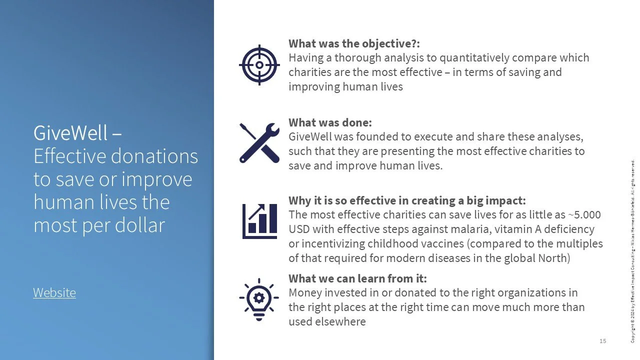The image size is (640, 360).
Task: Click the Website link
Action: pos(54,292)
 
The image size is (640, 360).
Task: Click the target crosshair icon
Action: pos(259,65)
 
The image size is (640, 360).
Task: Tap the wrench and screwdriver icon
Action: pos(259,143)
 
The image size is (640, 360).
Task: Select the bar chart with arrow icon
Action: pos(259,220)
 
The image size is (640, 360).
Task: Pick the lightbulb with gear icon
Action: pos(259,299)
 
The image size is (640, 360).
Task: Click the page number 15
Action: pos(602,341)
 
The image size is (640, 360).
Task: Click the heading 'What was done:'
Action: pos(330,122)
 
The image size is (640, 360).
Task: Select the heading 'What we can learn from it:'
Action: pos(357,278)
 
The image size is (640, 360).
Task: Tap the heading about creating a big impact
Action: pos(407,201)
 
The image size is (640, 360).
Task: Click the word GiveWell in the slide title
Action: pos(70,133)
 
